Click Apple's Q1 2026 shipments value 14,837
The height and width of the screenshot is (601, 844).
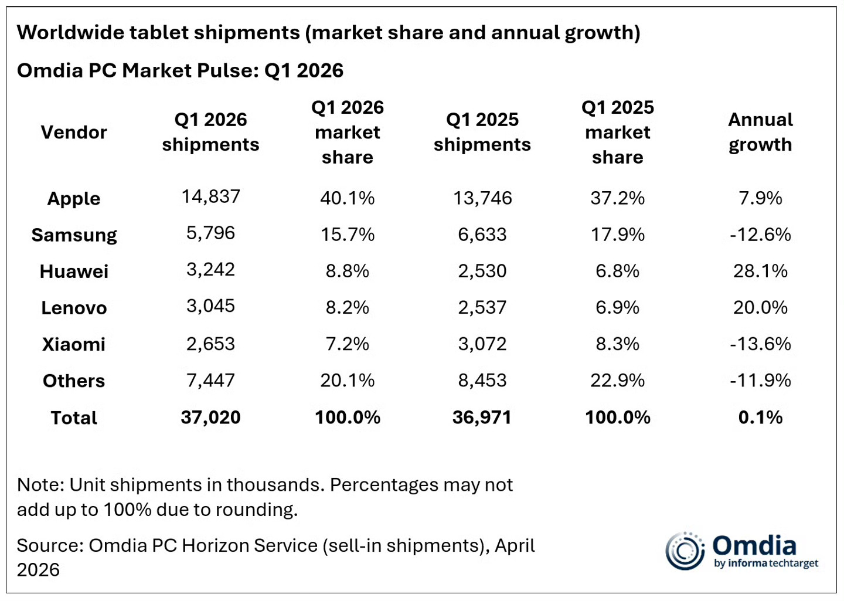210,197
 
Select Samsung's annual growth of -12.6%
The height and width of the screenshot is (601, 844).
760,235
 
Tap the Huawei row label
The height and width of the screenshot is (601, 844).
74,271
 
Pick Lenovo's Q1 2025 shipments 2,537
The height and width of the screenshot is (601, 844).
482,307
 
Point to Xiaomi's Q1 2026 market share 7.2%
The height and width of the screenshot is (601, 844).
348,344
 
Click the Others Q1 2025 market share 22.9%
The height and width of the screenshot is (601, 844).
618,380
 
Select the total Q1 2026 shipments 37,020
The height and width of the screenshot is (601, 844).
210,417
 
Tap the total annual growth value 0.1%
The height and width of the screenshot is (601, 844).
760,417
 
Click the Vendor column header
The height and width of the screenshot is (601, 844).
74,133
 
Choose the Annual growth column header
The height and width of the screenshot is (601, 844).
760,133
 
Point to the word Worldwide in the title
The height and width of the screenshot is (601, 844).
71,32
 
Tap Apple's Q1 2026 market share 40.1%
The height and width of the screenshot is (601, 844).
348,198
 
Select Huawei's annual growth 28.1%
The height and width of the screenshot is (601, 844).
760,271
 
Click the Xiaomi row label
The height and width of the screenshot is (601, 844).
74,344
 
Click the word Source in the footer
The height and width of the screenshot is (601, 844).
50,545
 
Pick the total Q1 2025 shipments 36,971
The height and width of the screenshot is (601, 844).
482,417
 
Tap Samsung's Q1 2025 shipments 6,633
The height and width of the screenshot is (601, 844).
482,235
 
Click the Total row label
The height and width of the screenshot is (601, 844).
74,417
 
